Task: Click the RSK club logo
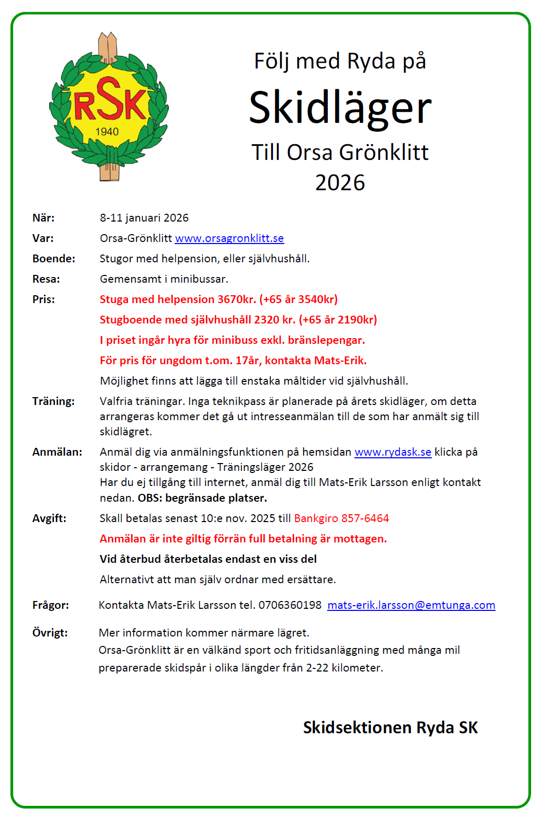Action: click(109, 107)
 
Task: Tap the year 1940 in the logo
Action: click(107, 132)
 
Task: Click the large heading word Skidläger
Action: click(340, 107)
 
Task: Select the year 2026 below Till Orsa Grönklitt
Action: click(340, 182)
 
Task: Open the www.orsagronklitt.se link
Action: click(229, 238)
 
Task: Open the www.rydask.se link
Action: click(393, 452)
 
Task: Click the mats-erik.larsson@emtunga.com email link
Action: click(411, 605)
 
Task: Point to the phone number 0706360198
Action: click(290, 605)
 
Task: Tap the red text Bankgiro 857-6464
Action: click(341, 518)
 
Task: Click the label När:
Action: click(43, 218)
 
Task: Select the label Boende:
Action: click(54, 259)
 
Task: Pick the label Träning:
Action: click(53, 401)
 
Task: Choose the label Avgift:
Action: click(49, 518)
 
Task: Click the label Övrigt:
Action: click(50, 633)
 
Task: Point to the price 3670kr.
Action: click(236, 299)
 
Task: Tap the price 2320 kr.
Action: click(274, 320)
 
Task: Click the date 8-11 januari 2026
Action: click(144, 218)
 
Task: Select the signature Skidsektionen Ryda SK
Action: click(390, 727)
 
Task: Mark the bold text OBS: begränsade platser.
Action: click(202, 498)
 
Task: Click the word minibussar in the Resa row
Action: click(199, 279)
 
